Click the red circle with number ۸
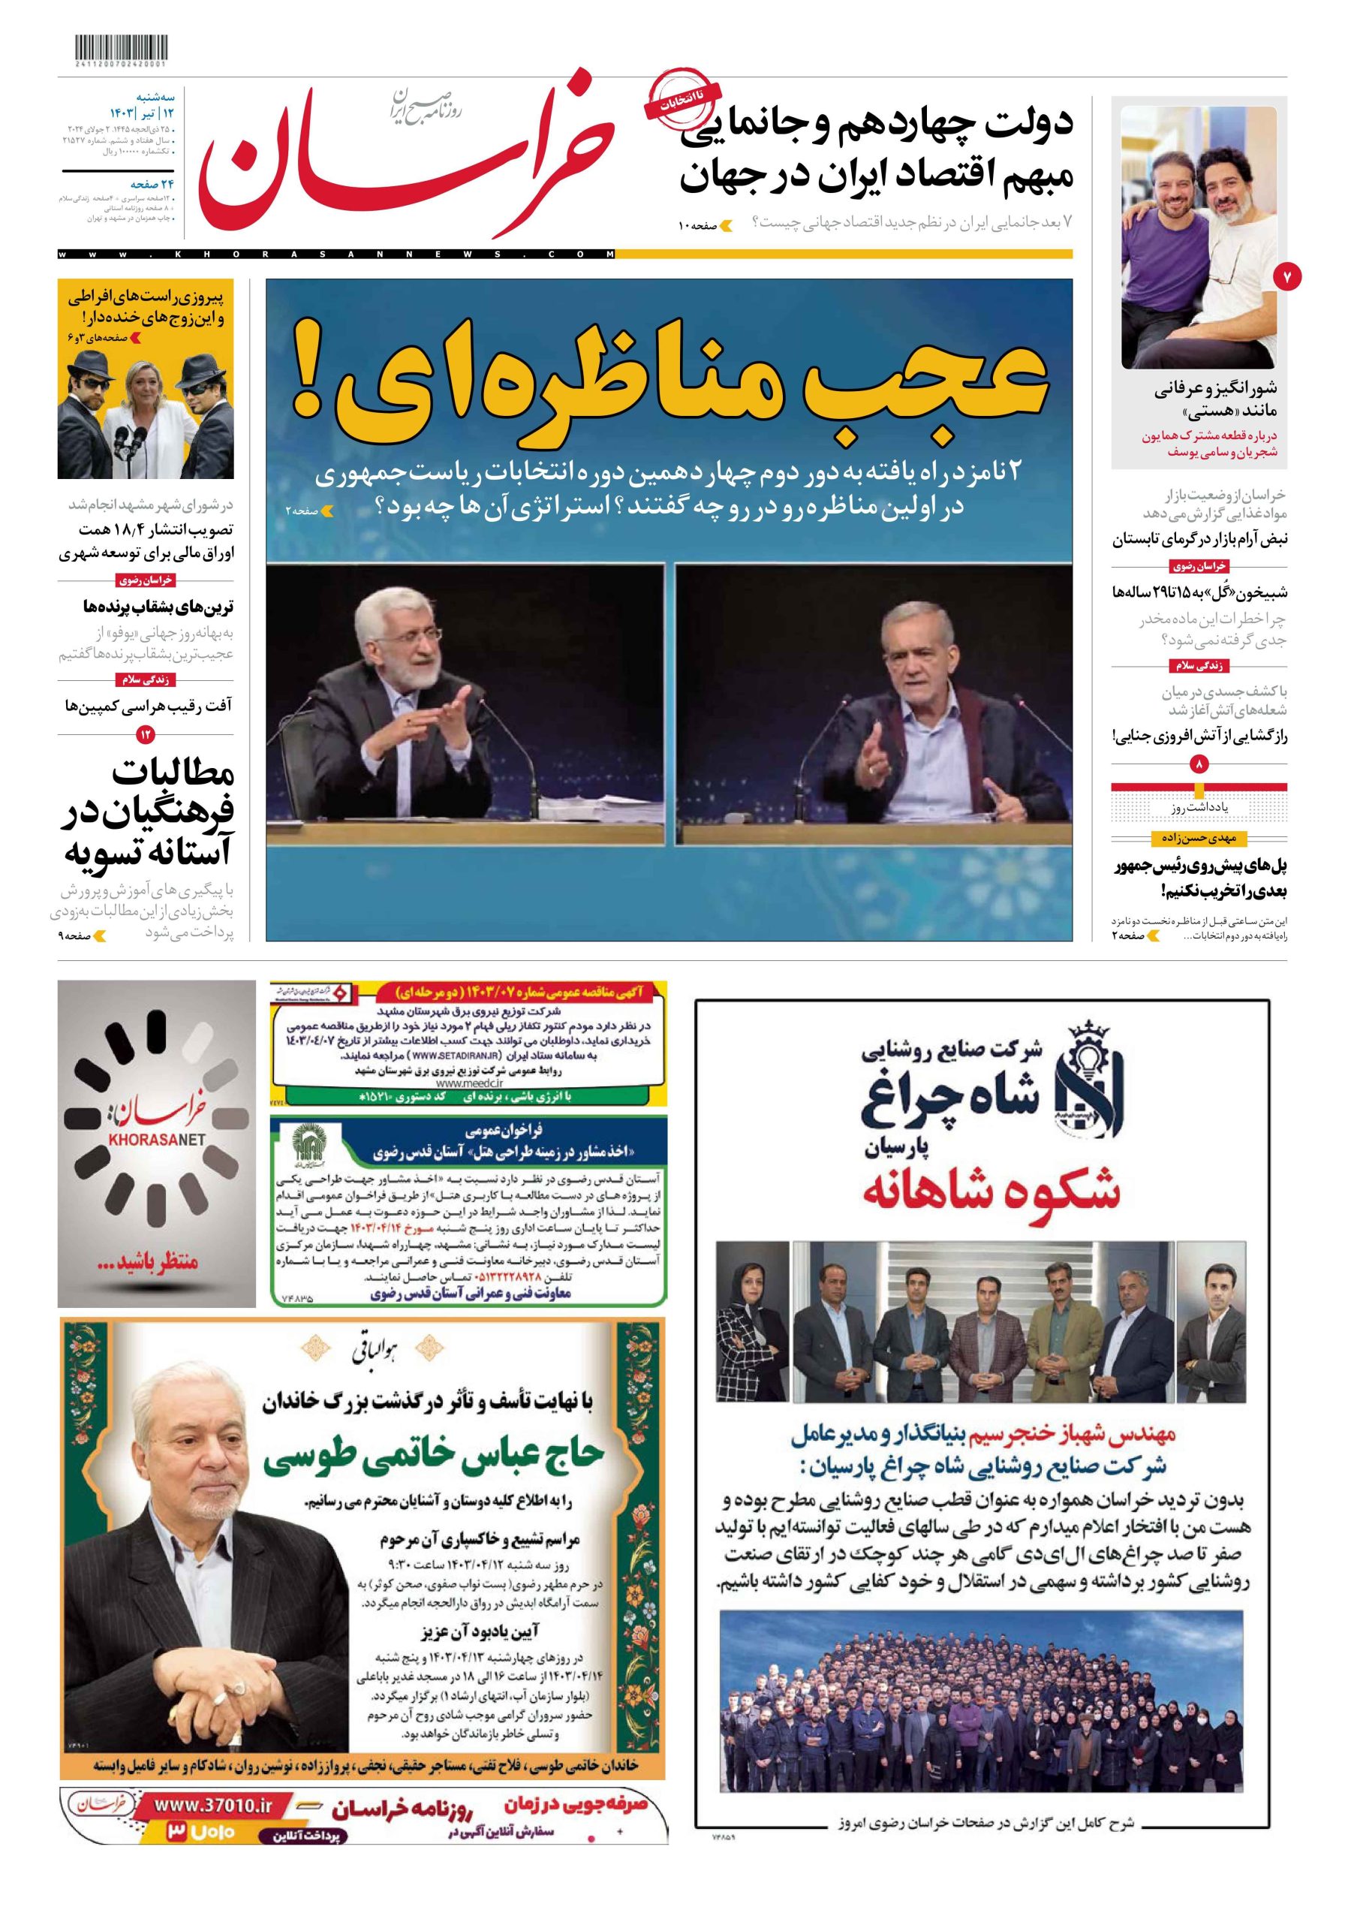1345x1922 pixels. click(x=1199, y=764)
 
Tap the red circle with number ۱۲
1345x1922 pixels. click(x=146, y=734)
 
